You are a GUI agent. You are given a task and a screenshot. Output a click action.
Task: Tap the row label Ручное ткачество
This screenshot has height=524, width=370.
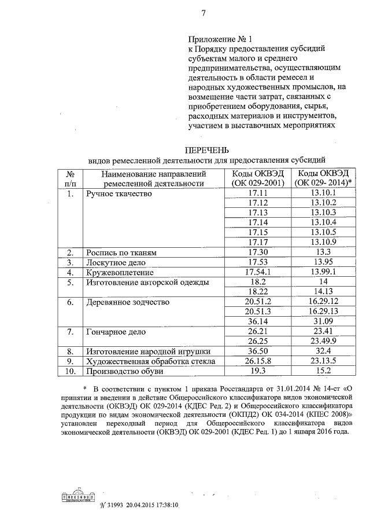(119, 193)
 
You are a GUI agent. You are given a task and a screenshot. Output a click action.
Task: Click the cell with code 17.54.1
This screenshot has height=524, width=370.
(254, 272)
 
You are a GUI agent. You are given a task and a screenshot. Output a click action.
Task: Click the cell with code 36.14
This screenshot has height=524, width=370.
(254, 321)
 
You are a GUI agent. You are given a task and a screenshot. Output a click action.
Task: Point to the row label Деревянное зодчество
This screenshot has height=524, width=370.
(127, 302)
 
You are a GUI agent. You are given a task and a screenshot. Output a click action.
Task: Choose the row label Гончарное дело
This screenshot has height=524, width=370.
(115, 332)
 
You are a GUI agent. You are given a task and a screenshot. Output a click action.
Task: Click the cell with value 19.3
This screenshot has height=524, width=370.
(254, 371)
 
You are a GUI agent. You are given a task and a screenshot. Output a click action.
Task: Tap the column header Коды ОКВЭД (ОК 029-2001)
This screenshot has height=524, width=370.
(254, 178)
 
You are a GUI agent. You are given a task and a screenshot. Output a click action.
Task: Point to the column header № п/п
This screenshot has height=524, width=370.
(70, 178)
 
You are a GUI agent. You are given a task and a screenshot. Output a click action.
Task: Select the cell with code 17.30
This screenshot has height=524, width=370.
(254, 252)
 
